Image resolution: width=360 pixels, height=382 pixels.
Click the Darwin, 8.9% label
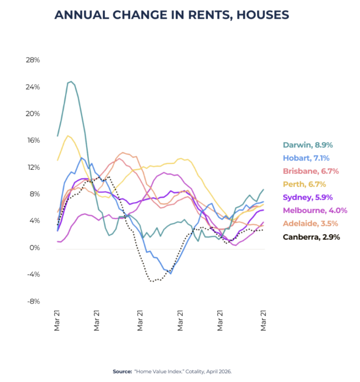308,145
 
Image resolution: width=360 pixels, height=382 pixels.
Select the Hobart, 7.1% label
306,158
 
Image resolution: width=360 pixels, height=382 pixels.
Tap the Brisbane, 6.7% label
311,171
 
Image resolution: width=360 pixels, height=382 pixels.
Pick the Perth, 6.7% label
304,184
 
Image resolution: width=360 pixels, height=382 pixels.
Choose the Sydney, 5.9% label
308,198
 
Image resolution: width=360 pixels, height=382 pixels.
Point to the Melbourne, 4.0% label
315,210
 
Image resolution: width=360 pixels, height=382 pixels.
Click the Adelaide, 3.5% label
310,224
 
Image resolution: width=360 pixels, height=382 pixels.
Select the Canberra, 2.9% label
311,237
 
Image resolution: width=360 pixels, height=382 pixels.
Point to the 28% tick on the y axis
33,60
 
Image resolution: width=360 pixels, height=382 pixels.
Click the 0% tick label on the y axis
35,248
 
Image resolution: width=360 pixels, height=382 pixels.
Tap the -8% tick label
33,301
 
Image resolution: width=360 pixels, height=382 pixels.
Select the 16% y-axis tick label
33,140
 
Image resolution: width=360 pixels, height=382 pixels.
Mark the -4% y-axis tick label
33,275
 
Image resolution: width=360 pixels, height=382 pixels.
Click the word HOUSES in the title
263,15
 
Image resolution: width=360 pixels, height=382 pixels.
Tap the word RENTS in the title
209,15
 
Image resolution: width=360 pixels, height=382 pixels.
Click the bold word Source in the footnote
122,372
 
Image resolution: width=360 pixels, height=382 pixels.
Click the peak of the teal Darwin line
71,82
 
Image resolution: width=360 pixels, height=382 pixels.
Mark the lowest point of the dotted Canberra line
152,281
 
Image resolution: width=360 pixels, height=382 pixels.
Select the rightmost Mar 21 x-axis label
263,320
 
